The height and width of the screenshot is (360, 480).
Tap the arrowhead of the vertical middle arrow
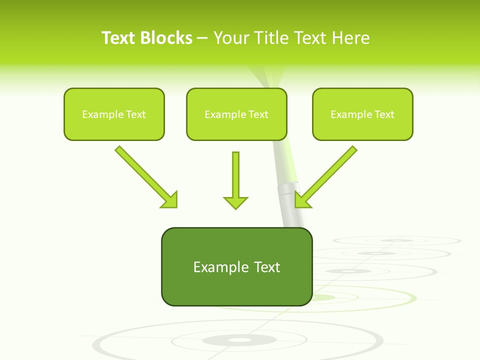tap(235, 202)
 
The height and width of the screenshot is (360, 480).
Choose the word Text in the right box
tap(384, 114)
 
